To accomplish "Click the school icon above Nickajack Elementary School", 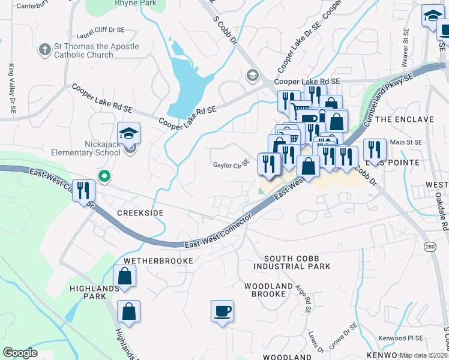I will [128, 134].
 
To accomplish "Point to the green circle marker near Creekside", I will [104, 176].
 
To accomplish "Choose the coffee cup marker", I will [222, 311].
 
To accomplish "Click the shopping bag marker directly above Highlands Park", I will [124, 277].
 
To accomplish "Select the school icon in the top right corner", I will [432, 16].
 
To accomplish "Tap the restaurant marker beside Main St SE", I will [374, 151].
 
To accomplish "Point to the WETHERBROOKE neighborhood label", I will [158, 261].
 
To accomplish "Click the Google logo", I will [20, 352].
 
